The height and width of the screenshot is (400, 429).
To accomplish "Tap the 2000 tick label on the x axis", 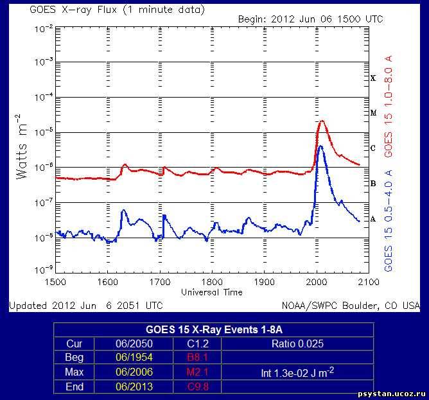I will click(x=317, y=281).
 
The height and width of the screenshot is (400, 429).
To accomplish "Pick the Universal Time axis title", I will click(x=212, y=292).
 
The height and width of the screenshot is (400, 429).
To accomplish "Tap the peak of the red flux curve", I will click(x=322, y=121).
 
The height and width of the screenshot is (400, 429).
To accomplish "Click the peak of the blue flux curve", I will click(x=320, y=146).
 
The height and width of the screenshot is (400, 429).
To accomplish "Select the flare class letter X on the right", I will click(x=372, y=78).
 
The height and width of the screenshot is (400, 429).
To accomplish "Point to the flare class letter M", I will click(x=372, y=113).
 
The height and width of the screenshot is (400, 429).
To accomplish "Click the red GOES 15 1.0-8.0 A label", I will click(x=388, y=106).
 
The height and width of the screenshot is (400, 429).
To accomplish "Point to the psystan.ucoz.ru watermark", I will click(x=391, y=393).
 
